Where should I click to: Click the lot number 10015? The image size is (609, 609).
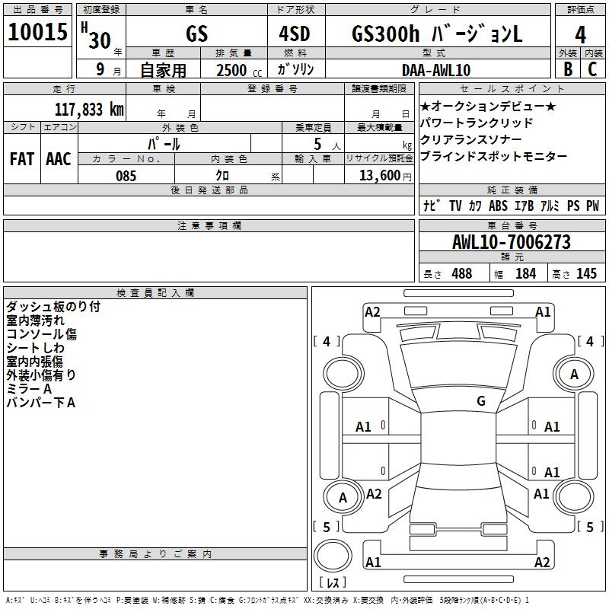pyautogui.click(x=37, y=32)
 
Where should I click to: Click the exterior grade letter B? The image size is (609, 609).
pyautogui.click(x=567, y=69)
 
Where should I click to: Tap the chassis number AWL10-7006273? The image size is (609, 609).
pyautogui.click(x=511, y=242)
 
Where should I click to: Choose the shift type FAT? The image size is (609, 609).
pyautogui.click(x=21, y=159)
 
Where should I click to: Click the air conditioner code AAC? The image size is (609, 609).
pyautogui.click(x=59, y=159)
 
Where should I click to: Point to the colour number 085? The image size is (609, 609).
pyautogui.click(x=126, y=176)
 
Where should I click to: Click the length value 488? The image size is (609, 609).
pyautogui.click(x=461, y=274)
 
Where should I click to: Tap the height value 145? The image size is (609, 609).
pyautogui.click(x=586, y=274)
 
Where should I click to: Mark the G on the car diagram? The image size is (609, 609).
pyautogui.click(x=480, y=401)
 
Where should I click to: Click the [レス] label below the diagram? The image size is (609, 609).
pyautogui.click(x=333, y=583)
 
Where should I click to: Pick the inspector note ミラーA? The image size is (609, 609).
pyautogui.click(x=29, y=388)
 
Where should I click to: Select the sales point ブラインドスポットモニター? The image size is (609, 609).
pyautogui.click(x=493, y=156)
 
